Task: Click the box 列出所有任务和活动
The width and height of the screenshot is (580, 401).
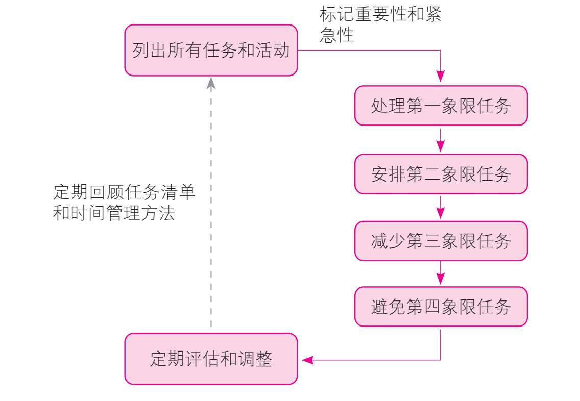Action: coord(211,51)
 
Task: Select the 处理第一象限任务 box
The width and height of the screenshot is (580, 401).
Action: coord(441,106)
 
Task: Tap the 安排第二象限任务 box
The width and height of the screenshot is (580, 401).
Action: coord(441,174)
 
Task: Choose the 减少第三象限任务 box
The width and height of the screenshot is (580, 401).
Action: coord(441,241)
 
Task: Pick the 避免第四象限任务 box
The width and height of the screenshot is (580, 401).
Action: coord(441,307)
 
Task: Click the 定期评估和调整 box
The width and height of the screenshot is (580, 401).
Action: coord(211,359)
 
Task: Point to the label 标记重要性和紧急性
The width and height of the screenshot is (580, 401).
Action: coord(380,24)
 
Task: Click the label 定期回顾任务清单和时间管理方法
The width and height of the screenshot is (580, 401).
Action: coord(124,203)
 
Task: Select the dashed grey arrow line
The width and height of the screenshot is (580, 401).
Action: coord(211,214)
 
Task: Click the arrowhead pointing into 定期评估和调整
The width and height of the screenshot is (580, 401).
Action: coord(307,360)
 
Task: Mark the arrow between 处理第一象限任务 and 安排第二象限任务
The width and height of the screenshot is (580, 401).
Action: coord(441,140)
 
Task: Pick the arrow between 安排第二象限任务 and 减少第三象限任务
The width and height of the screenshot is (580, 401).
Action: coord(441,208)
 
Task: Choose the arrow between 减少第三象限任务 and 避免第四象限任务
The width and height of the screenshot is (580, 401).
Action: coord(441,274)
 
